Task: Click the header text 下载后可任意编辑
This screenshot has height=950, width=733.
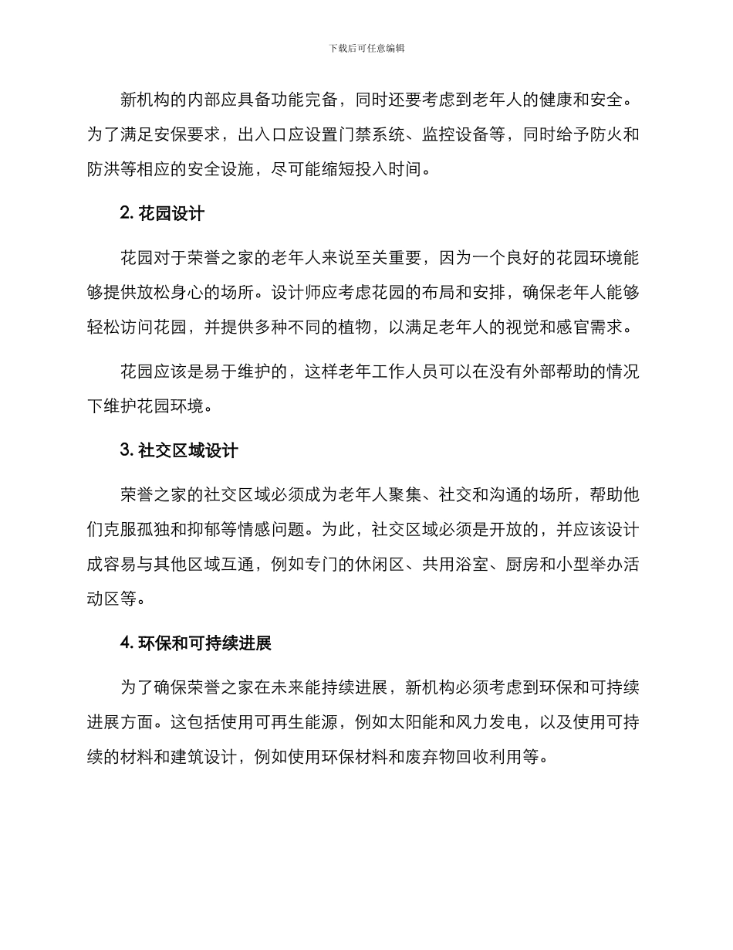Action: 366,48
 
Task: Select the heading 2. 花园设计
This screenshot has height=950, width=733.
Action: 162,214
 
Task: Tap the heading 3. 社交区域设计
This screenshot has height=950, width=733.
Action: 179,450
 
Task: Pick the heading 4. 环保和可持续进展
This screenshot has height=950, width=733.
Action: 196,643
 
